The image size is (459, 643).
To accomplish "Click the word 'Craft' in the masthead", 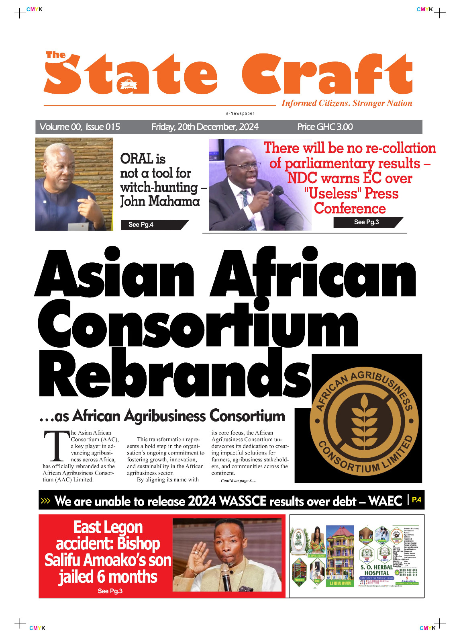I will [x=327, y=75].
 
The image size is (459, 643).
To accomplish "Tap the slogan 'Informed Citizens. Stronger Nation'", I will [x=347, y=103].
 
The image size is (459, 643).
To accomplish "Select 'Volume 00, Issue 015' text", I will [x=80, y=127].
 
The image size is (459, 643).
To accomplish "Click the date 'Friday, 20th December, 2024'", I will [x=205, y=127].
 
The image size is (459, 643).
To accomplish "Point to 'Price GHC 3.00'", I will [x=325, y=127].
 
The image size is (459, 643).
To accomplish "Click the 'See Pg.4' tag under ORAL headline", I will [x=141, y=225].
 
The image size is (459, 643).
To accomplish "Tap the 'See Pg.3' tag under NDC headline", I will [x=366, y=222].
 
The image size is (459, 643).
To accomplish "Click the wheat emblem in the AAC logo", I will [x=364, y=420].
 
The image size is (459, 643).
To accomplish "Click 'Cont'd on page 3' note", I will [x=238, y=481].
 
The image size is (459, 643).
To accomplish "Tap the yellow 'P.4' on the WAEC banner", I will [x=417, y=500].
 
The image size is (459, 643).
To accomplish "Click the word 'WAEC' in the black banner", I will [x=385, y=501].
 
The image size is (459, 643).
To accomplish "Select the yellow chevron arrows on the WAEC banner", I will [x=45, y=501].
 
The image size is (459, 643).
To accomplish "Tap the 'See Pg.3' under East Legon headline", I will [x=110, y=591].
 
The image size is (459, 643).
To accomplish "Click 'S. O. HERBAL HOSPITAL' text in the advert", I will [x=376, y=570].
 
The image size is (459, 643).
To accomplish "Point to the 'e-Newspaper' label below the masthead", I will [x=240, y=114].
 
